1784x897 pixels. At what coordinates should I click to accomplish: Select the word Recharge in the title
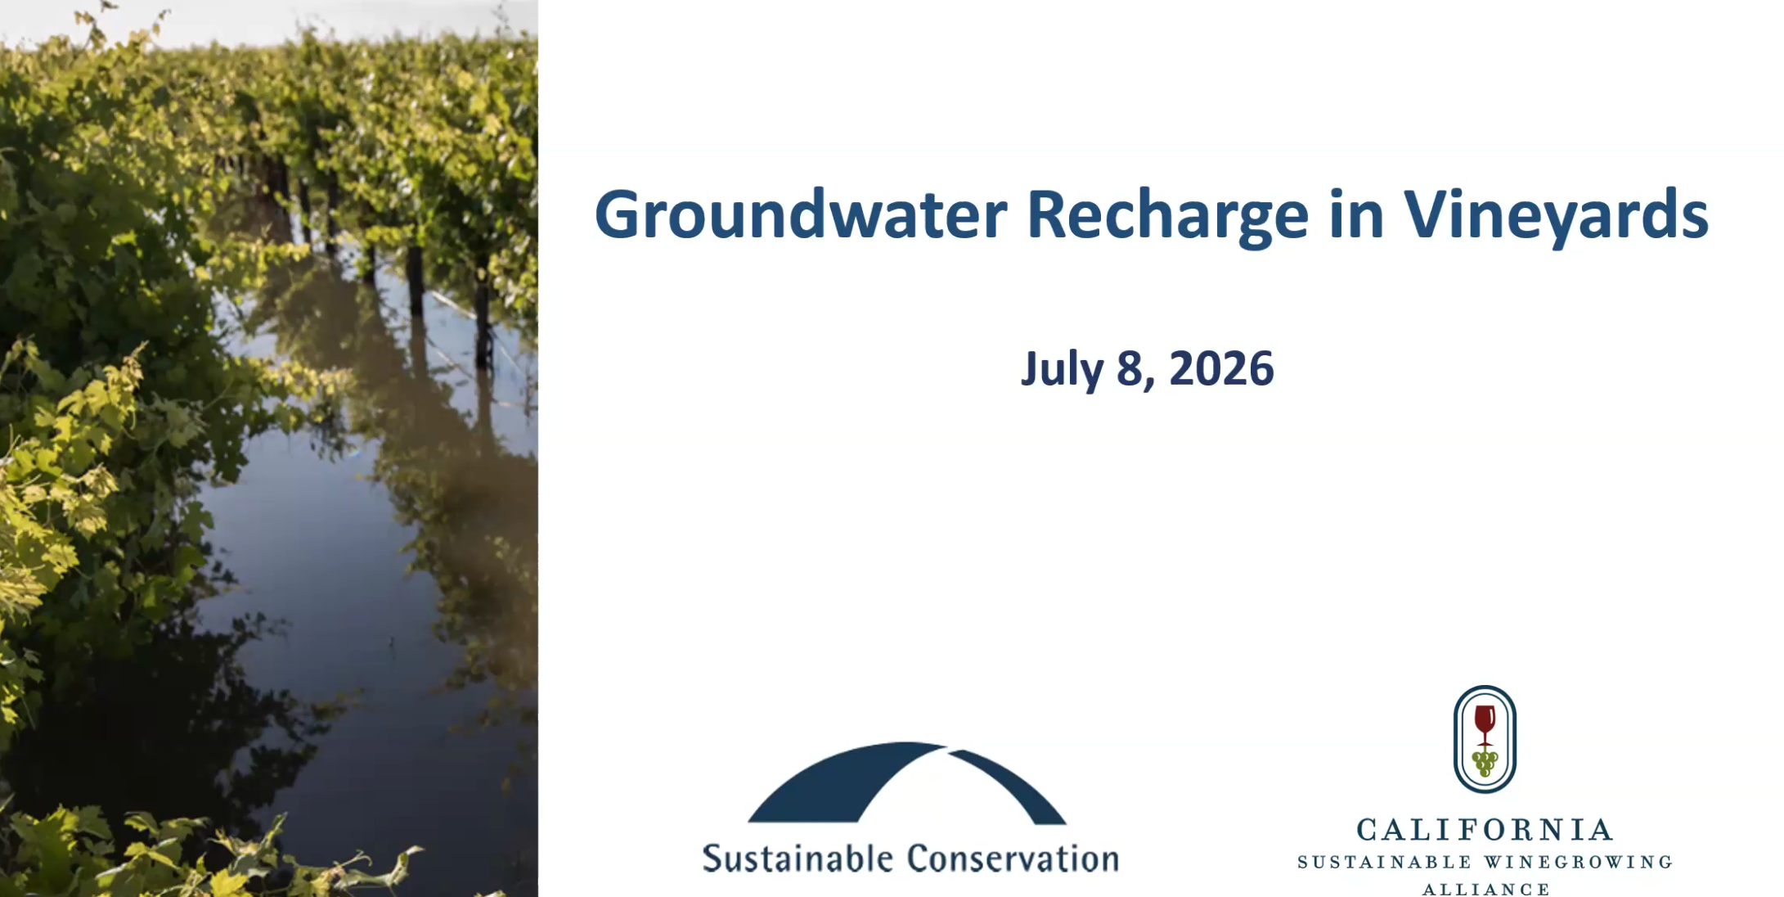1168,215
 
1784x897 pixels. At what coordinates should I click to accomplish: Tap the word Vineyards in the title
1556,215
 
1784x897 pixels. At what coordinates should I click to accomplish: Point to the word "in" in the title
1356,214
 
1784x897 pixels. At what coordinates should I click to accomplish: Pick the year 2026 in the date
1221,369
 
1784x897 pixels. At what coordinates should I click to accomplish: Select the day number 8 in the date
1130,369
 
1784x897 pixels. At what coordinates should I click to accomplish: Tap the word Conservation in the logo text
1013,859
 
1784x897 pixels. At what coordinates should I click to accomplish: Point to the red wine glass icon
1485,724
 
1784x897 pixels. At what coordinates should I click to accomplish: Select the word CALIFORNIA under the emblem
1485,830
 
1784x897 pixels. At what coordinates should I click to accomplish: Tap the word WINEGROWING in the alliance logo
1579,863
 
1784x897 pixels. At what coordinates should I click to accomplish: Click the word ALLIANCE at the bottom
1485,889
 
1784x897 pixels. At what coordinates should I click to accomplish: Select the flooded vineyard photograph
269,448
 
